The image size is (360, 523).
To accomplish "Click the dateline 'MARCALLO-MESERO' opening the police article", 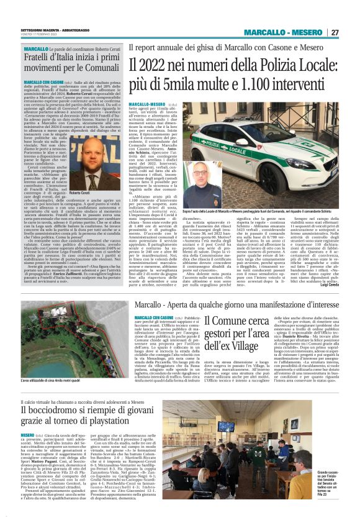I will point(148,104).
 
